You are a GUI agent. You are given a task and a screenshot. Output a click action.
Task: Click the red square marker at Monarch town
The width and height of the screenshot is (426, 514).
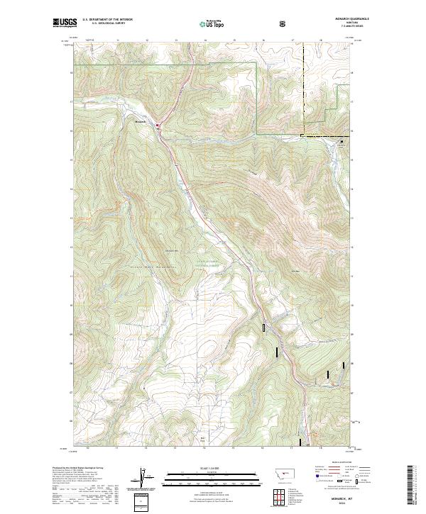[x=158, y=127]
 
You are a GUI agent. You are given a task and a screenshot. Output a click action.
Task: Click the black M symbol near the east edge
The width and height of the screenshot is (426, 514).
[x=341, y=142]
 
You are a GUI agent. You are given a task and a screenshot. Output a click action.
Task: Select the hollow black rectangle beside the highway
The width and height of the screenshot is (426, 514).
[x=264, y=328]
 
